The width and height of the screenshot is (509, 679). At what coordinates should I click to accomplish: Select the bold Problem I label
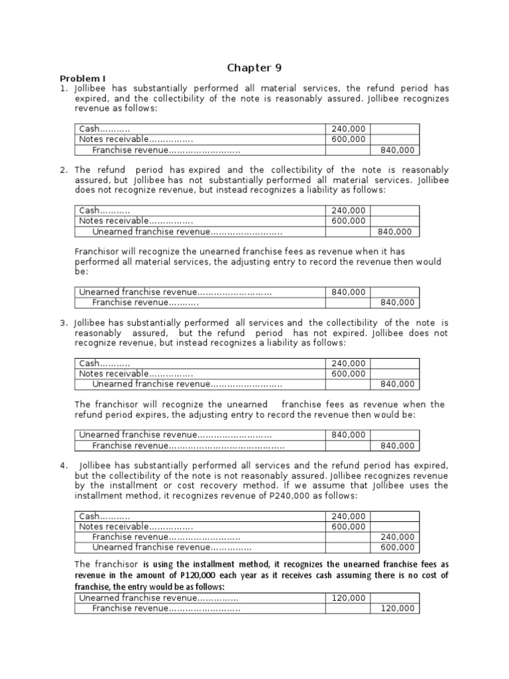(81, 78)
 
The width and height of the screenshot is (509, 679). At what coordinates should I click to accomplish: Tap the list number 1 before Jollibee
(63, 88)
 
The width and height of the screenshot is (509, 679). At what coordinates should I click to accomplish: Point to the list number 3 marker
(64, 323)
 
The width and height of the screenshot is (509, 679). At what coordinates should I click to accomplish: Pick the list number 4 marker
(64, 465)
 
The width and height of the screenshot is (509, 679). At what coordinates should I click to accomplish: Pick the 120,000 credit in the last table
(398, 609)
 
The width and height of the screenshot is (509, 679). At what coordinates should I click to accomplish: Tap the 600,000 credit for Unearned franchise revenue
(398, 548)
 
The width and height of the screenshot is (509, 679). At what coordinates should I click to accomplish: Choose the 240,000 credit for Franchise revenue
(398, 537)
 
